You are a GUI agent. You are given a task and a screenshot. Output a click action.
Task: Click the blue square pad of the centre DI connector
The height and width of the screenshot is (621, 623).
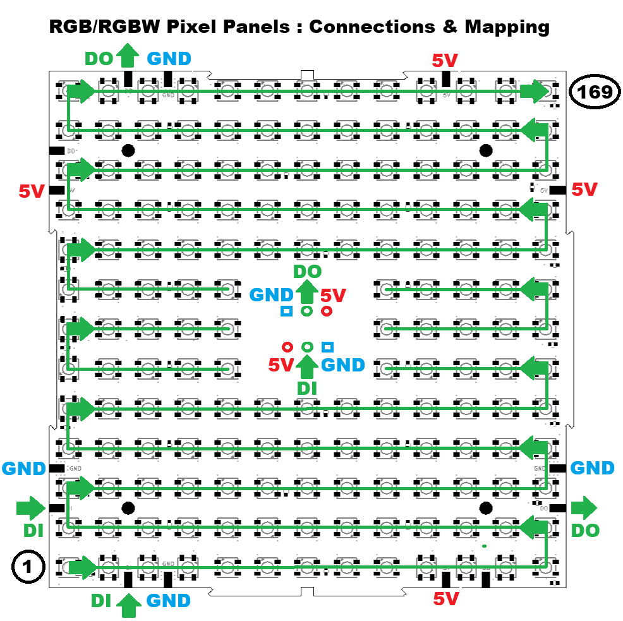[x=327, y=346]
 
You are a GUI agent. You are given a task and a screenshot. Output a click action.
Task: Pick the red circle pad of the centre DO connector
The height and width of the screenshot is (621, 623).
[x=327, y=311]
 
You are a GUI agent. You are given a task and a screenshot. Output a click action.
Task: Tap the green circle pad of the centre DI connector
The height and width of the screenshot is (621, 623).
[x=307, y=346]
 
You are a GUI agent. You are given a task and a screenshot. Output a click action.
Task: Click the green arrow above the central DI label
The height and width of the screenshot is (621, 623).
[x=307, y=366]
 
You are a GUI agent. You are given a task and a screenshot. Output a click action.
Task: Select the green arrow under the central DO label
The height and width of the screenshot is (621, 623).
[x=307, y=292]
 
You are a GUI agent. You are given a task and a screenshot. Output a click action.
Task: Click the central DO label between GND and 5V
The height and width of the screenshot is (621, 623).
[x=307, y=272]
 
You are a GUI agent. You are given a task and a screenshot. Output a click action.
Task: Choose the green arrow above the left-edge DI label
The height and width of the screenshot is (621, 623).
[x=28, y=507]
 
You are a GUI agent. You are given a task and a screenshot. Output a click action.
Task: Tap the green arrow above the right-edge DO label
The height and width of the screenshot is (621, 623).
[x=584, y=507]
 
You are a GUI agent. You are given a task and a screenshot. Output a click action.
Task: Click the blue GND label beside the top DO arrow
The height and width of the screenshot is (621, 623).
[x=169, y=59]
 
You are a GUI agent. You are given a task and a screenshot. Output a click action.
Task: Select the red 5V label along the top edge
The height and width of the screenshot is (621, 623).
[x=445, y=61]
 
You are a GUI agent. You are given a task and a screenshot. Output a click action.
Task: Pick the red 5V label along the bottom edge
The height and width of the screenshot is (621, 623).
[x=446, y=598]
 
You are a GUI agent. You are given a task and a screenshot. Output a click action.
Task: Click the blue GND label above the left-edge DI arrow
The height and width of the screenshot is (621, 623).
[x=24, y=468]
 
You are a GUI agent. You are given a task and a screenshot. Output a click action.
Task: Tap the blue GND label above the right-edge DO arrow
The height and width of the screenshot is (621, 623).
[x=592, y=468]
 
